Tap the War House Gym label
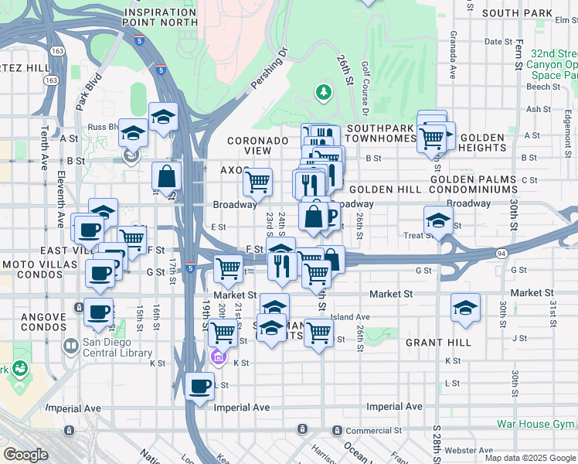coord(536,424)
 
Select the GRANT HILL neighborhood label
coord(437,343)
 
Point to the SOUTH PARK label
coord(515,13)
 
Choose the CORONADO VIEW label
coord(257,145)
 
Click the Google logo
coord(25,454)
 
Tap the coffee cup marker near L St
coord(200,385)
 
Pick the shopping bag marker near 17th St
coord(166,176)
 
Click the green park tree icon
coord(323,93)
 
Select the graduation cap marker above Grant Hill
coord(465,307)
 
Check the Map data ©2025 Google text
coord(530,458)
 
